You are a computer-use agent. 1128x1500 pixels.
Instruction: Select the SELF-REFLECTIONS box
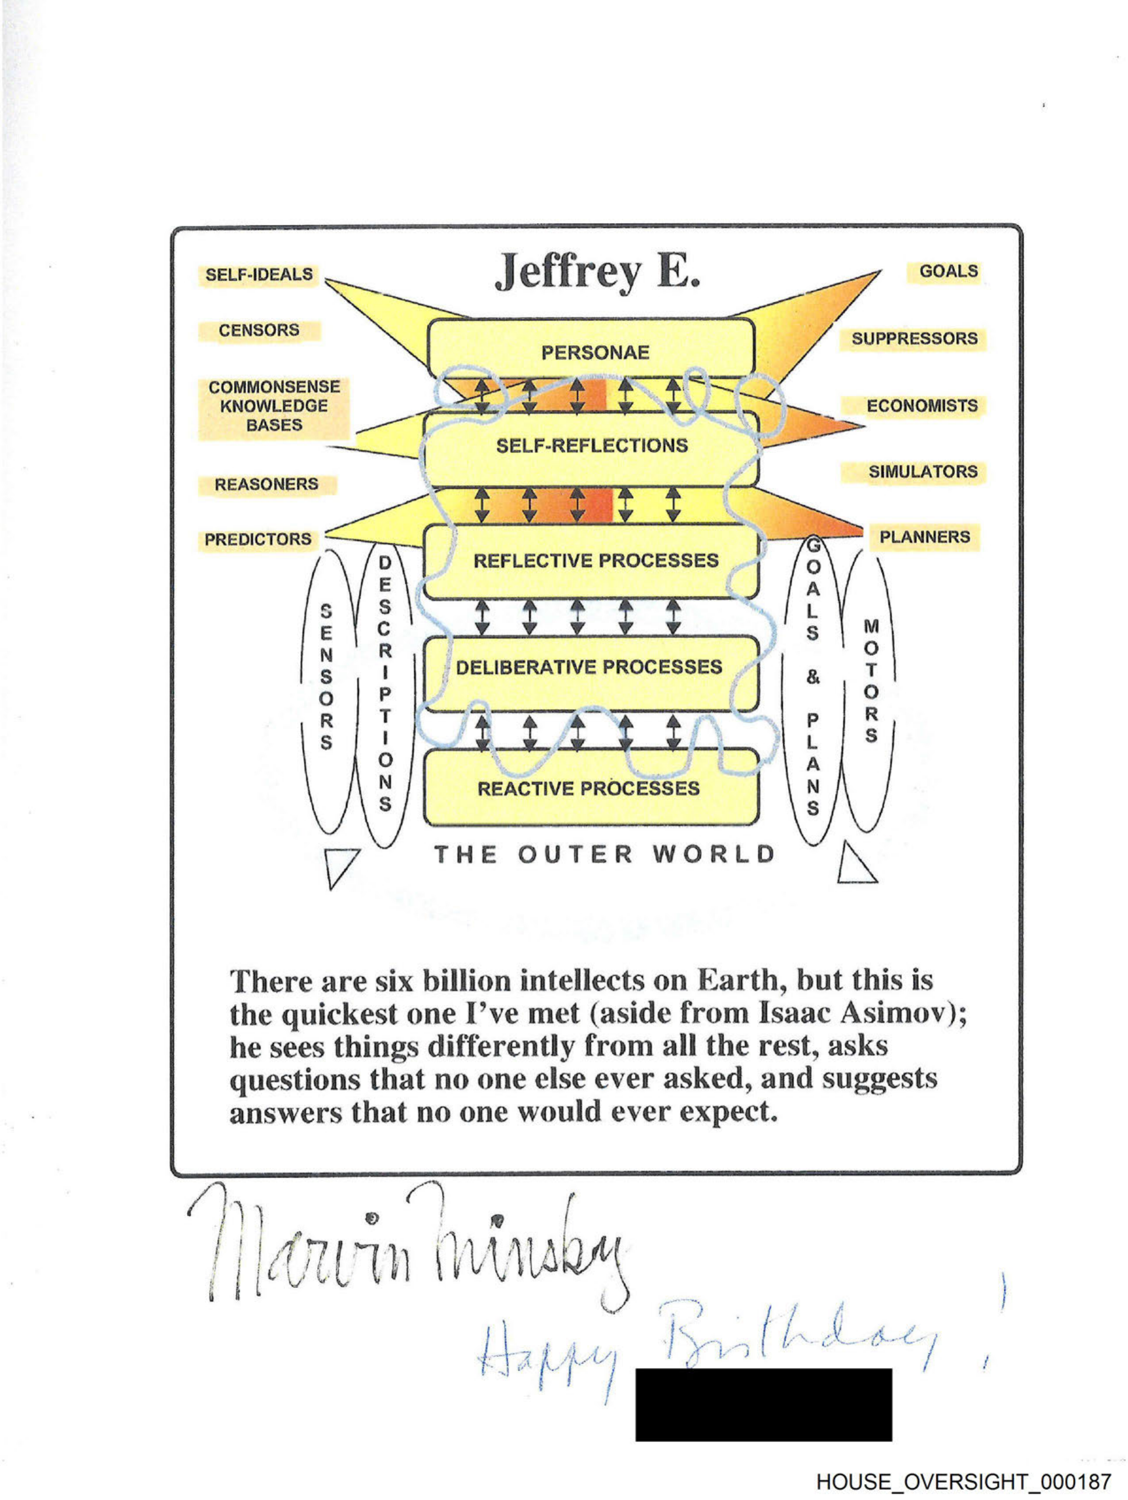tap(591, 446)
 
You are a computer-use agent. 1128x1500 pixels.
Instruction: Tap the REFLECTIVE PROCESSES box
tap(595, 561)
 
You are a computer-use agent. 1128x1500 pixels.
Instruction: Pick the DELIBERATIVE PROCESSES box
tap(588, 667)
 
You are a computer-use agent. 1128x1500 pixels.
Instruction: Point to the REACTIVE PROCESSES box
tap(588, 789)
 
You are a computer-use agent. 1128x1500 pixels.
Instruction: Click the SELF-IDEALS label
tap(259, 274)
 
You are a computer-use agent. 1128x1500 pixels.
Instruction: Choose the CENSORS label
tap(258, 330)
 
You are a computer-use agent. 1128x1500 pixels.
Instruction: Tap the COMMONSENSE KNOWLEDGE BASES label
tap(274, 405)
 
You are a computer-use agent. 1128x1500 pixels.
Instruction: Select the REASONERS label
tap(266, 484)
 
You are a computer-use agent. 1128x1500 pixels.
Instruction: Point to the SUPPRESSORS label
tap(914, 339)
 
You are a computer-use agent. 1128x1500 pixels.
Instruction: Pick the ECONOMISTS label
tap(921, 405)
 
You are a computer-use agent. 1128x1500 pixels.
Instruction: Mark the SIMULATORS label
tap(923, 471)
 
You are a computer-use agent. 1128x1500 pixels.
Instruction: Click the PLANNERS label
tap(925, 537)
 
